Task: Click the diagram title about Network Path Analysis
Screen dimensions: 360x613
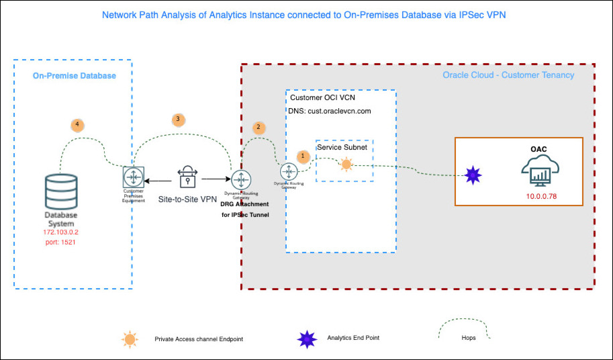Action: point(303,15)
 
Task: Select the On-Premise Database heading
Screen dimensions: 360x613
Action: point(75,76)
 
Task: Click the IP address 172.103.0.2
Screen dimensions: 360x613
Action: point(60,232)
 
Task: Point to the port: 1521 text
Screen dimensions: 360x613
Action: point(60,242)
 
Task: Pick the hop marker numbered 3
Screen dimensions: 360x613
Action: point(177,119)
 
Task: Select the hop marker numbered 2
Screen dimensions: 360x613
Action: point(257,127)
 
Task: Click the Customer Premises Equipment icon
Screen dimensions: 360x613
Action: point(133,177)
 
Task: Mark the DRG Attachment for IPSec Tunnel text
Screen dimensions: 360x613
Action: point(244,209)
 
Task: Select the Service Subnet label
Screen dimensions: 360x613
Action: point(342,146)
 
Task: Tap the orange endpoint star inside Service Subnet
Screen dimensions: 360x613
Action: point(346,164)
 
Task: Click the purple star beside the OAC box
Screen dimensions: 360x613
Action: point(473,175)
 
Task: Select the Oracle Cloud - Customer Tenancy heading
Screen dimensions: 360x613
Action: point(508,75)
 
